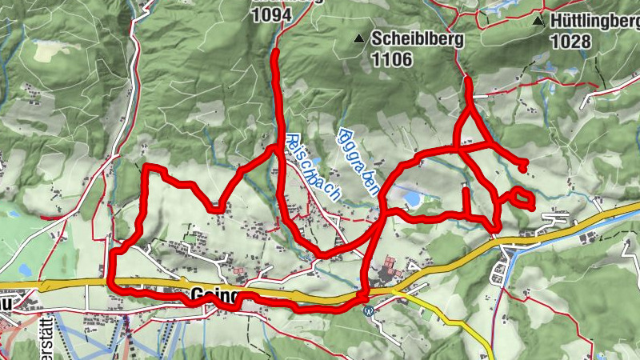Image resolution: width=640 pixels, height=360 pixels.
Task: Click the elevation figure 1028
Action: (x=571, y=42)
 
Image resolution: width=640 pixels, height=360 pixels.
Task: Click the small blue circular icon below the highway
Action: (x=367, y=311)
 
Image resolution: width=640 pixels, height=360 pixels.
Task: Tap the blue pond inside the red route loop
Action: (x=411, y=197)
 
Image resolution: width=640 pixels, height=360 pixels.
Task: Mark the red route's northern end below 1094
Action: (x=276, y=52)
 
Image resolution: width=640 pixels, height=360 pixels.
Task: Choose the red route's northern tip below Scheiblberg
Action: (x=466, y=80)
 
